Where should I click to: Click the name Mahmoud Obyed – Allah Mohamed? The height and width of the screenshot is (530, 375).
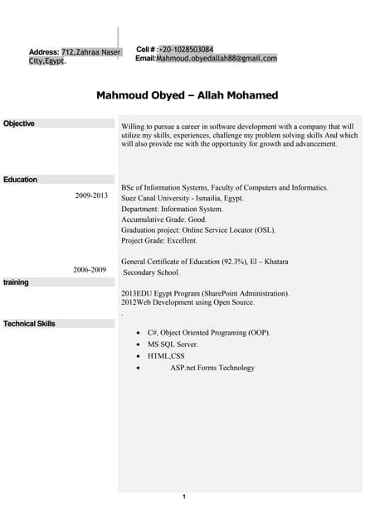tap(187, 95)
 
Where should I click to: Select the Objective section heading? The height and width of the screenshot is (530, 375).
tap(19, 123)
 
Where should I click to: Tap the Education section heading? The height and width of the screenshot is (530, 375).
tap(21, 180)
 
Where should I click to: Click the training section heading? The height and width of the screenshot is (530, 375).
tap(16, 282)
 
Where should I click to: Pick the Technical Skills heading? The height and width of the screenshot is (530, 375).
tap(30, 324)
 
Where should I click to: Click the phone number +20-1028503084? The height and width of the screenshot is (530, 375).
tap(187, 50)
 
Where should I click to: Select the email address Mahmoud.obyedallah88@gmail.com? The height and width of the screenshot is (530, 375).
tap(217, 59)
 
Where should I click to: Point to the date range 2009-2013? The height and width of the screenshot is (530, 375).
tap(91, 196)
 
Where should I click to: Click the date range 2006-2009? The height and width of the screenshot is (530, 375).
tap(90, 270)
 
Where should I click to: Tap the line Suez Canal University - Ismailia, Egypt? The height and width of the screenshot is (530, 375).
tap(182, 199)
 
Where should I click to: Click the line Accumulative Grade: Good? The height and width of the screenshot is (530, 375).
tap(163, 219)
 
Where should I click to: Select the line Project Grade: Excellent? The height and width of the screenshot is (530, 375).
tap(159, 241)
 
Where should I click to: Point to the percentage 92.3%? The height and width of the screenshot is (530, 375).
tap(235, 262)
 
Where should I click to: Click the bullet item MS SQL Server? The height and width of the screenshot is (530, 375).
tap(173, 344)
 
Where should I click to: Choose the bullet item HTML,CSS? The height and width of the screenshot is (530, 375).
tap(166, 356)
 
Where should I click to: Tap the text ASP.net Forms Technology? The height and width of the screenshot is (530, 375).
tap(212, 368)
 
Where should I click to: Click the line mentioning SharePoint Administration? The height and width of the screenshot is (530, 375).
tap(206, 293)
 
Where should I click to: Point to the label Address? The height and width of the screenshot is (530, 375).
tap(44, 52)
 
